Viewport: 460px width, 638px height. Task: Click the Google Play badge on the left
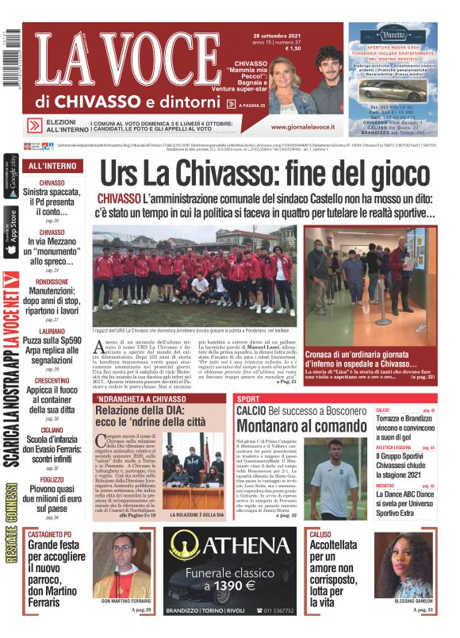pyautogui.click(x=10, y=178)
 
